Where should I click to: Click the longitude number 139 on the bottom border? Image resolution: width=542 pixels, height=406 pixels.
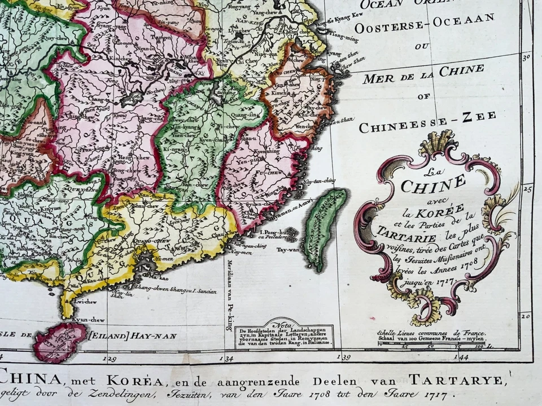(x=344, y=357)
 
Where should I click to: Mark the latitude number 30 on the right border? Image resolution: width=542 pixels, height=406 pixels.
(x=526, y=57)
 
